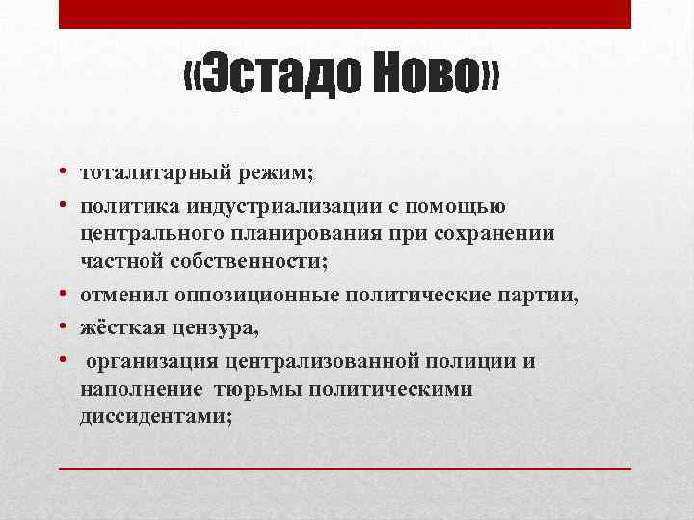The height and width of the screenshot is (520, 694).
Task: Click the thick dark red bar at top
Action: pos(344,13)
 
